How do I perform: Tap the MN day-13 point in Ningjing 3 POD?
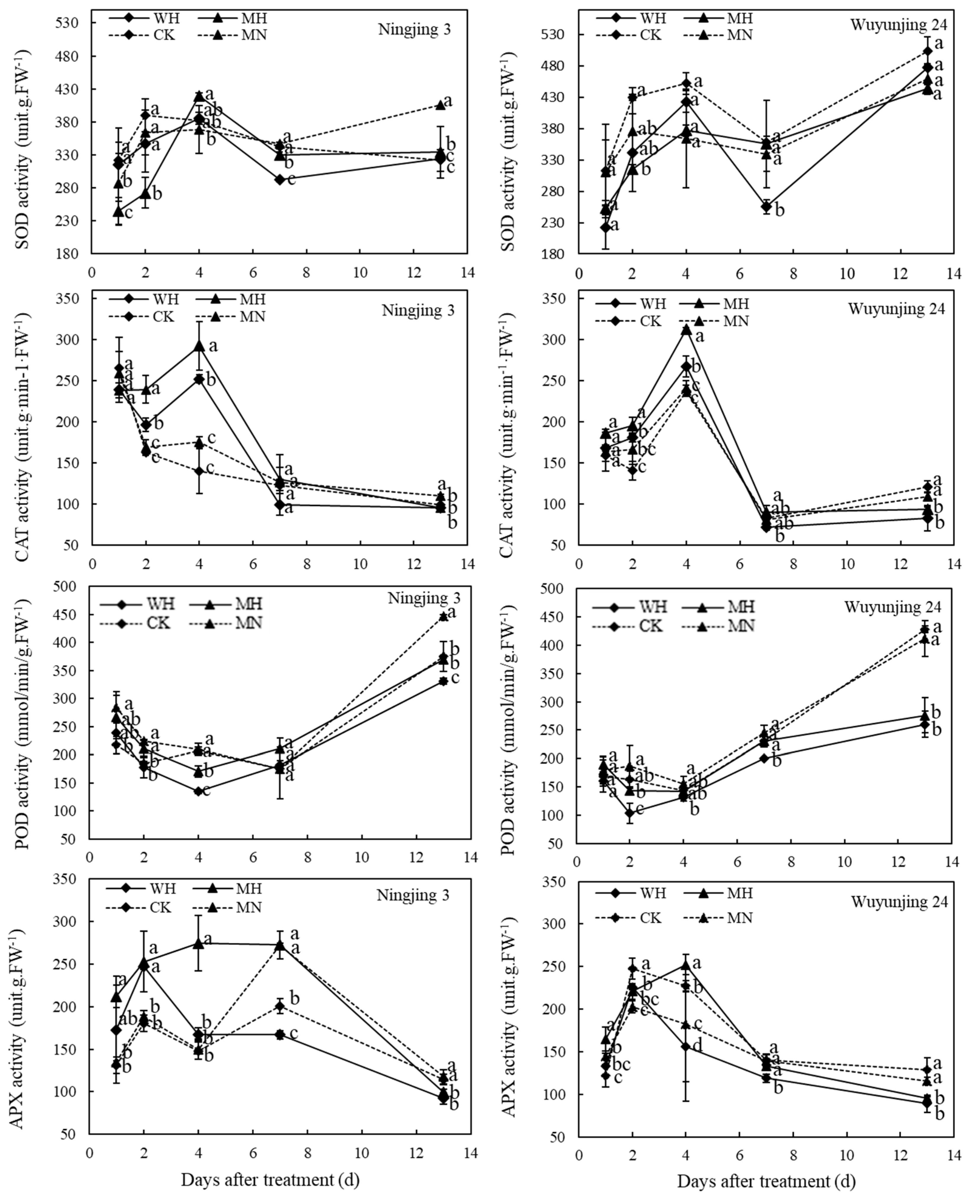pyautogui.click(x=443, y=616)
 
